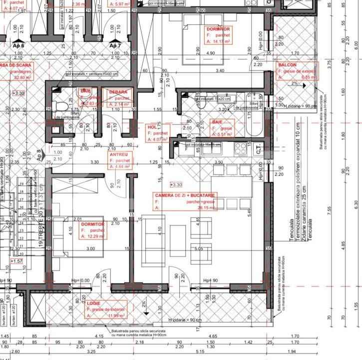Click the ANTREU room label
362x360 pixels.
119,155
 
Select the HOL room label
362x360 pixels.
152,127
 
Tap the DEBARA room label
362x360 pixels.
118,92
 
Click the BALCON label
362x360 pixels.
288,65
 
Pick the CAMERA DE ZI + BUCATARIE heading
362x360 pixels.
185,195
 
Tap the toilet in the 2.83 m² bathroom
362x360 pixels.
61,105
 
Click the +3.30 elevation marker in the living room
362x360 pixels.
176,184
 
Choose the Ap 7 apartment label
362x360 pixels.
115,46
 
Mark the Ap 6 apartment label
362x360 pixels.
18,45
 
